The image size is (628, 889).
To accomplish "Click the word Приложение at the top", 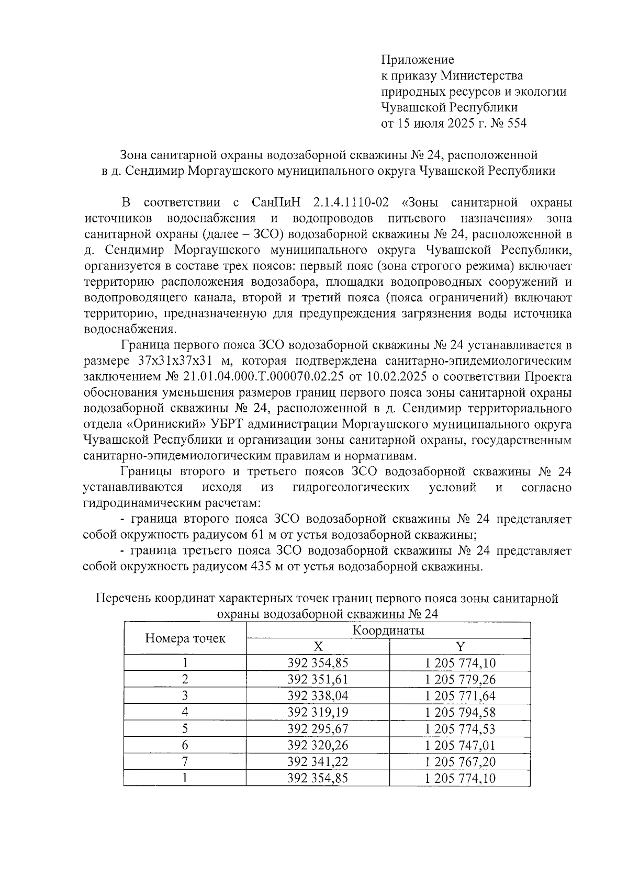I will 417,60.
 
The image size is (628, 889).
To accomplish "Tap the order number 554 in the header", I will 515,124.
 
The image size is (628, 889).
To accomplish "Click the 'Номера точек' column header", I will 185,638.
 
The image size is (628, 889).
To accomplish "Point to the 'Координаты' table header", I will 388,630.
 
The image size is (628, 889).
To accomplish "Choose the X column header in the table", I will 318,647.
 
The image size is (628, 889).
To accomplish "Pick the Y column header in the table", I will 460,647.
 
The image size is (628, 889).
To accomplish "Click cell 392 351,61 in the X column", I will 318,680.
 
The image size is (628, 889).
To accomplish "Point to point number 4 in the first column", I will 185,712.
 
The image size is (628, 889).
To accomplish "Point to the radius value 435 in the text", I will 265,567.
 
